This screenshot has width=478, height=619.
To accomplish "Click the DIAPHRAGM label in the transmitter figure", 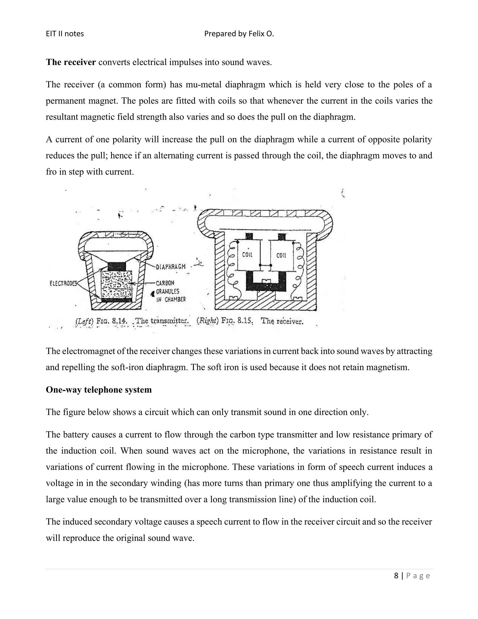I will [x=171, y=267].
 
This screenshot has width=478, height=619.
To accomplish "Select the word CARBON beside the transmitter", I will [x=165, y=283].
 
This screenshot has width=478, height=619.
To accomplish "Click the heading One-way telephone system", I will [x=99, y=390].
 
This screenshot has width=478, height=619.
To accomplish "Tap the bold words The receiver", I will [x=71, y=62].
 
